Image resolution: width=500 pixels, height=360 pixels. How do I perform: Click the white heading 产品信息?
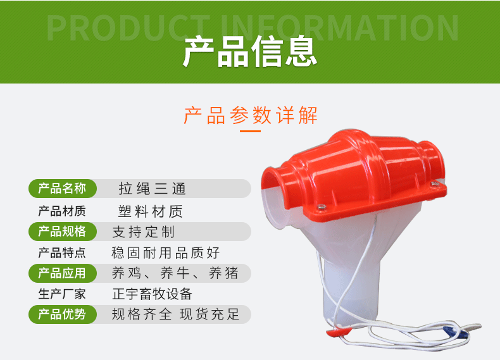250,51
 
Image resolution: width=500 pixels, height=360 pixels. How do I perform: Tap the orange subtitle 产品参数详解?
251,115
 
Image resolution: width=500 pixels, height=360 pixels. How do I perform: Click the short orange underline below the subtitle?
251,131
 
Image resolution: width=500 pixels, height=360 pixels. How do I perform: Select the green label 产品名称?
62,189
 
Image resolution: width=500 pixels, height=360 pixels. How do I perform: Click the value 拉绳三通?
152,189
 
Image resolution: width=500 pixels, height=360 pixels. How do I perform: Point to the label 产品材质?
62,211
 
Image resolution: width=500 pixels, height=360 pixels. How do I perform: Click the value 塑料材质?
151,211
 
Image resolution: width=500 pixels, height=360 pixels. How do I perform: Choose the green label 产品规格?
62,232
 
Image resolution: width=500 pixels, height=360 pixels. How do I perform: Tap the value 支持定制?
144,232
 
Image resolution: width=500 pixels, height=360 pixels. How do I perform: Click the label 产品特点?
62,252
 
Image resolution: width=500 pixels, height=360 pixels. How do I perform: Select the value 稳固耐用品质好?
165,252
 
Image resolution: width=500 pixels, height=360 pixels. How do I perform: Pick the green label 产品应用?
62,273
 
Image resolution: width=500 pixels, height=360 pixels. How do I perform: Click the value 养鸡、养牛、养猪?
175,273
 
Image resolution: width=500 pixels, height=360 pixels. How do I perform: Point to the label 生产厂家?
62,294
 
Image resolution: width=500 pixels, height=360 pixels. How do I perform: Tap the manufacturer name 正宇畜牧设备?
152,294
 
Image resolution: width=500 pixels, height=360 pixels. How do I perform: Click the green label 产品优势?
62,314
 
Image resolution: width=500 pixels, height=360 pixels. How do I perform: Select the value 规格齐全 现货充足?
175,314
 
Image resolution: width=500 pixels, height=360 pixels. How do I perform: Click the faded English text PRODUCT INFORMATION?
253,28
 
